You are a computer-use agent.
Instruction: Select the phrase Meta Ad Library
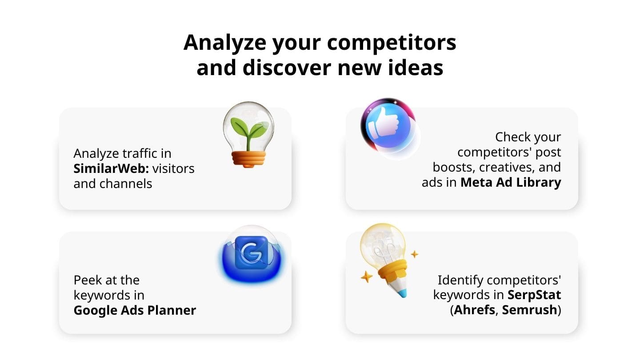pos(511,182)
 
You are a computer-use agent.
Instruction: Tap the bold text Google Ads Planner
pos(135,310)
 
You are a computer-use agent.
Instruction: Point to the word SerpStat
pos(535,294)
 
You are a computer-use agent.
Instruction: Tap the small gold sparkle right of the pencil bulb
pos(414,254)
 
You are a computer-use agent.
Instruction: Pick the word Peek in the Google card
pos(88,280)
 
